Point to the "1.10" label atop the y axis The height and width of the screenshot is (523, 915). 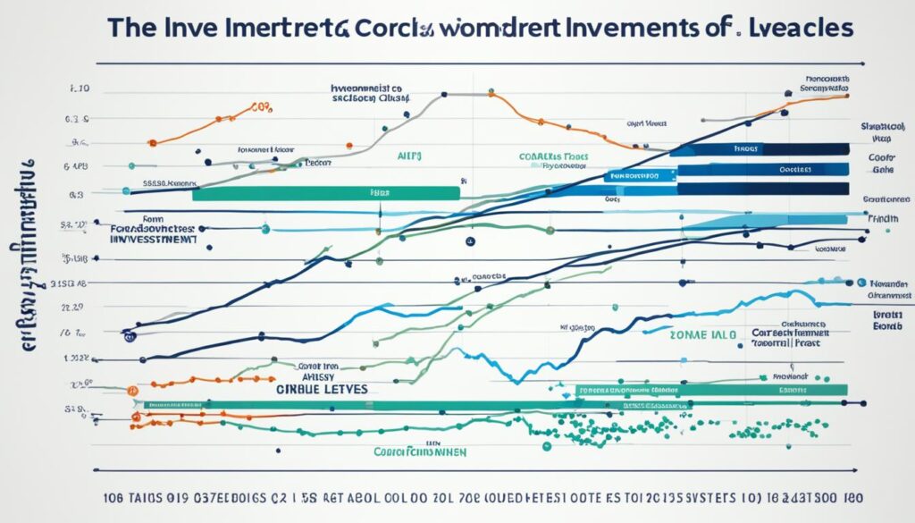[80, 90]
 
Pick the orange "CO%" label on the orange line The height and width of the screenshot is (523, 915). [260, 107]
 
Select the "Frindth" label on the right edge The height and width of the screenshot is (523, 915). [884, 217]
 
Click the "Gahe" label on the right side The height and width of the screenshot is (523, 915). [883, 168]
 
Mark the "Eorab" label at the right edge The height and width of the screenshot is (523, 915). [887, 327]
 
